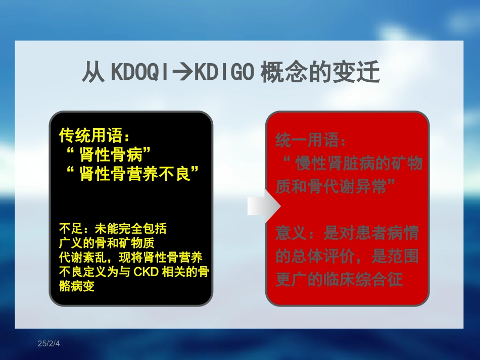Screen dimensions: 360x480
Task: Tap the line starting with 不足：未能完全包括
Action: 113,229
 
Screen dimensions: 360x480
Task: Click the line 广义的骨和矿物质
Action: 107,243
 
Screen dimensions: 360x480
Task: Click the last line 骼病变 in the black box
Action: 77,286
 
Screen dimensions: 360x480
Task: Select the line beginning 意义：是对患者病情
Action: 347,233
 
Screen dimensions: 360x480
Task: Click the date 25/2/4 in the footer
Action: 49,344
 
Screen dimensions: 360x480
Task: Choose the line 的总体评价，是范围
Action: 347,256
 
